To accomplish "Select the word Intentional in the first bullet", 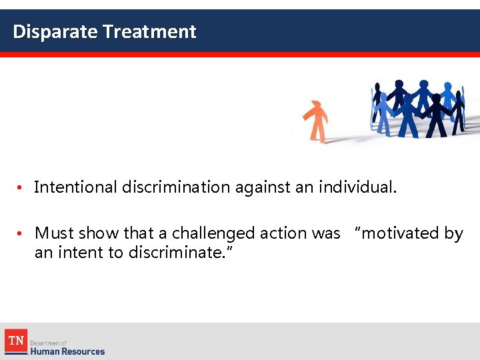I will [75, 187].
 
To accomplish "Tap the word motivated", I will [397, 233].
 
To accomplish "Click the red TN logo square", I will [16, 341].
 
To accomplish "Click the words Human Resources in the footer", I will [67, 351].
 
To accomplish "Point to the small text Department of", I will [48, 342].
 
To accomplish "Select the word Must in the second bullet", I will [55, 233].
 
